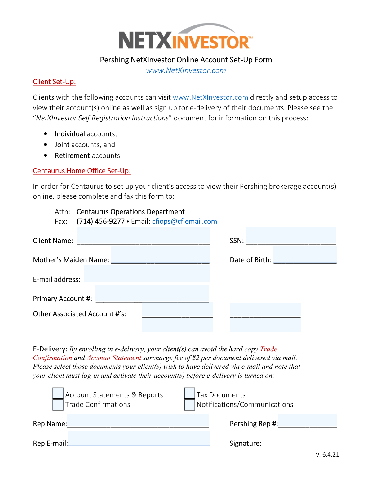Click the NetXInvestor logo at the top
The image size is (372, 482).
(x=185, y=37)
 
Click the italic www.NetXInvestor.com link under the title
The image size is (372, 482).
(x=186, y=70)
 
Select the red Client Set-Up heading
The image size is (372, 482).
(x=54, y=82)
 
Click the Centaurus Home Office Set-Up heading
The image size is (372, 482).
(x=82, y=171)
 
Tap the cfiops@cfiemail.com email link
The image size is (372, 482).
(x=184, y=221)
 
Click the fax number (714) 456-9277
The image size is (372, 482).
(x=100, y=221)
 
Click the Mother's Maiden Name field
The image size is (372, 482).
(x=160, y=255)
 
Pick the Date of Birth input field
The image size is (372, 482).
(x=305, y=255)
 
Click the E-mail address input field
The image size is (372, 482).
(x=147, y=274)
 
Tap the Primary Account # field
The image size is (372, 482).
(x=152, y=294)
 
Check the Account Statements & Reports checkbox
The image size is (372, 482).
(x=58, y=393)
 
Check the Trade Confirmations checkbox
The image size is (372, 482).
(x=58, y=405)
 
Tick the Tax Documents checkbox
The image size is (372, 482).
(x=190, y=393)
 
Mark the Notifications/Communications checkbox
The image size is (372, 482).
(x=190, y=405)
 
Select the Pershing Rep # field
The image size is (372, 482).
(x=308, y=421)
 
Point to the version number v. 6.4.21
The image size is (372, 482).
(x=327, y=454)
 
